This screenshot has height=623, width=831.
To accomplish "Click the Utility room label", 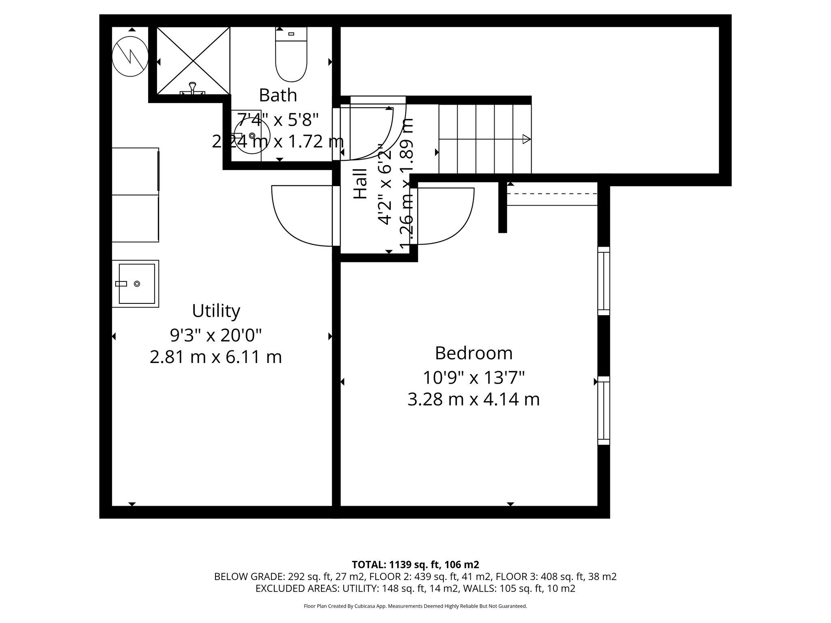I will click(216, 311).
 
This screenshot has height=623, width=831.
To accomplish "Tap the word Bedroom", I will click(474, 353).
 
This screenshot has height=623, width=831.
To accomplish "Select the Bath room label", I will click(278, 95).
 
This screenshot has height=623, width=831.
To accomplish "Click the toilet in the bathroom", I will click(291, 57).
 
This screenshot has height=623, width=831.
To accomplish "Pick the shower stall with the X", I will click(193, 61).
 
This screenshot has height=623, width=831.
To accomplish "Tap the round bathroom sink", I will click(252, 136).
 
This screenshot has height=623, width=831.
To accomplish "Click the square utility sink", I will click(137, 284).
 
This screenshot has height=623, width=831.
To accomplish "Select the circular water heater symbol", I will click(130, 56).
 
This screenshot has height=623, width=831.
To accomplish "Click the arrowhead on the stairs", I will click(526, 139).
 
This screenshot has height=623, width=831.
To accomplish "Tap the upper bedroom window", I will click(604, 281).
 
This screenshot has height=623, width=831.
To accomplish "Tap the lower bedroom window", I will click(604, 410).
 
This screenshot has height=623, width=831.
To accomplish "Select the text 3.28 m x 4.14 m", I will click(474, 400).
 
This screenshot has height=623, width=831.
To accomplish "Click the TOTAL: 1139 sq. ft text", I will click(415, 565).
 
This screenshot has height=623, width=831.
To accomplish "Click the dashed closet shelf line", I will click(552, 194).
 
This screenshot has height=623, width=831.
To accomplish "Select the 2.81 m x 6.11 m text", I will click(216, 357).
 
